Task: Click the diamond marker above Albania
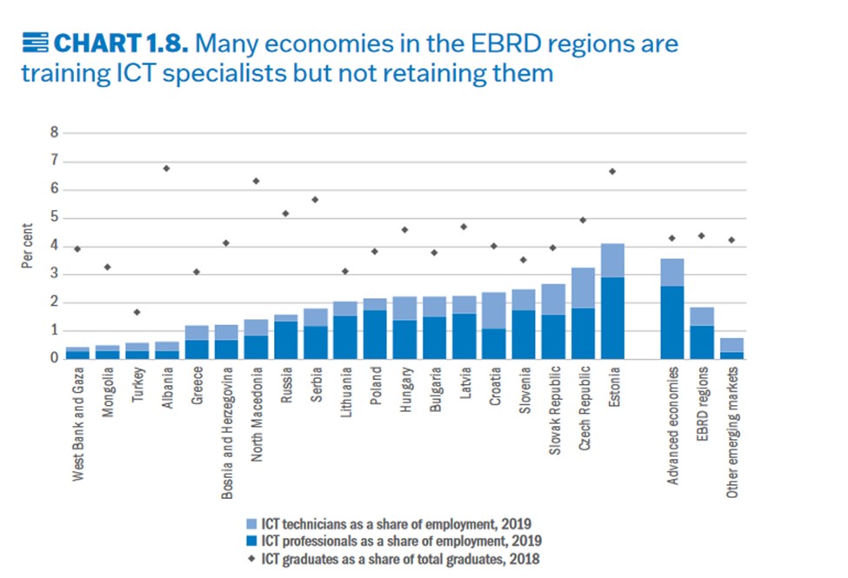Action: (x=165, y=168)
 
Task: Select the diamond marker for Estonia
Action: (x=612, y=171)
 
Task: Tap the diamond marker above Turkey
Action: (x=136, y=311)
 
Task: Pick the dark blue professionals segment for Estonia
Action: (x=612, y=317)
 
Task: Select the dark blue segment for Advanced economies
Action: (x=672, y=322)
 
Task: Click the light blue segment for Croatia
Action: (x=493, y=310)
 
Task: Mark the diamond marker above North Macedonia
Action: (x=255, y=181)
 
